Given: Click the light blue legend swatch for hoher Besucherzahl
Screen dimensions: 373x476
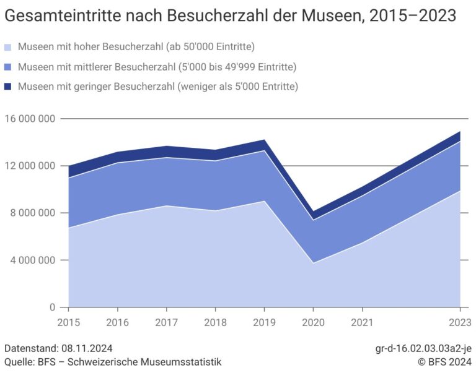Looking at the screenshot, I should click(x=8, y=47).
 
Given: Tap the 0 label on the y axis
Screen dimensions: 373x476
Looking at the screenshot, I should click(x=52, y=307).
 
